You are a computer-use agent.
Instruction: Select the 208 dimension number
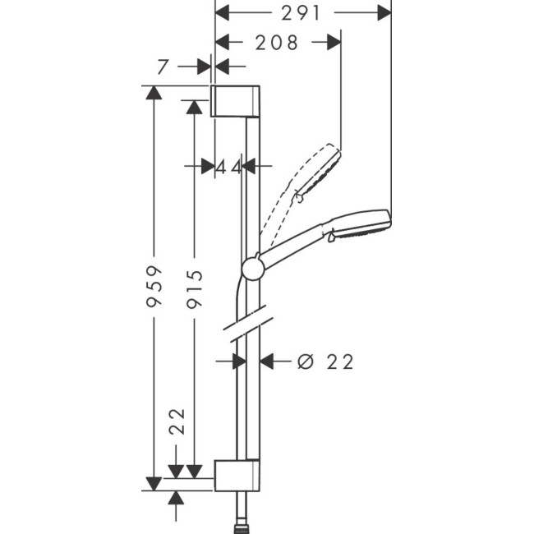[277, 43]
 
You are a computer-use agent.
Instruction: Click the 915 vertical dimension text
[195, 289]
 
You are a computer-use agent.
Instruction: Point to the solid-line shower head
[358, 225]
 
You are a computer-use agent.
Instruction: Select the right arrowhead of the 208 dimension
[334, 43]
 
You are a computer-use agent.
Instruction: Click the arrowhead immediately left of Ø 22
[267, 361]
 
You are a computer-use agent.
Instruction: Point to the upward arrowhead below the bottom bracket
[176, 496]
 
